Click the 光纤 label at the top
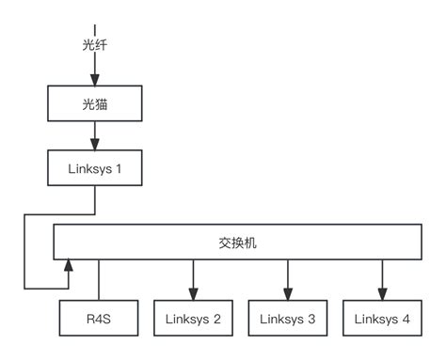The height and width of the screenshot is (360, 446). [x=94, y=44]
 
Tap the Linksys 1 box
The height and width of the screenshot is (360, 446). [x=94, y=170]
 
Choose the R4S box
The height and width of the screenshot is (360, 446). [x=99, y=320]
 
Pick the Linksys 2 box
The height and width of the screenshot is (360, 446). [x=194, y=320]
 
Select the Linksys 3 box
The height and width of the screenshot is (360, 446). [x=288, y=320]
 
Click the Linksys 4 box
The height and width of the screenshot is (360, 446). [x=382, y=320]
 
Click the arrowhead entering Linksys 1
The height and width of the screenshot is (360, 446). [x=94, y=146]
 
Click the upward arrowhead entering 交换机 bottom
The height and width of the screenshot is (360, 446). [x=67, y=268]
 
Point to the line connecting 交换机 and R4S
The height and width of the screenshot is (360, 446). [x=99, y=281]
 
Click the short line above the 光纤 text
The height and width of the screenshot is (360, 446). [x=94, y=26]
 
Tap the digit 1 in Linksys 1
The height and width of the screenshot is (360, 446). [x=119, y=170]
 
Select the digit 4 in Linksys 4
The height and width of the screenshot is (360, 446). [x=406, y=320]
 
